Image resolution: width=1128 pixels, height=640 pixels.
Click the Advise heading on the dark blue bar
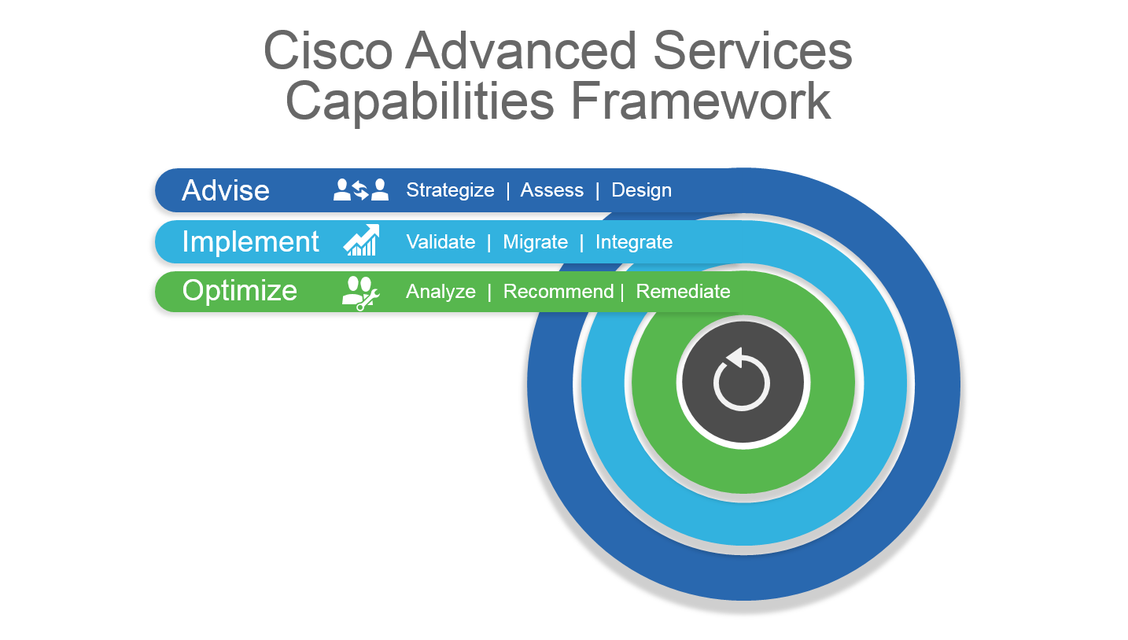click(226, 190)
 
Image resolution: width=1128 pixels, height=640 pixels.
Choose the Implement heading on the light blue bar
click(250, 241)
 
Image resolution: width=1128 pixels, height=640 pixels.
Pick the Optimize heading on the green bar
click(239, 291)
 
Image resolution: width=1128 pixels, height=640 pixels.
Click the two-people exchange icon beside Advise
click(361, 190)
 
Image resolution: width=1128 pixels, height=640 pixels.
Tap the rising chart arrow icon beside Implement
click(361, 241)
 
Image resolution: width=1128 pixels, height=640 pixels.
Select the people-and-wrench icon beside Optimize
click(360, 292)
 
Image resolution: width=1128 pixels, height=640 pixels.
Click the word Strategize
click(450, 190)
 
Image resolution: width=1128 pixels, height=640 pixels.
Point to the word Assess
click(551, 190)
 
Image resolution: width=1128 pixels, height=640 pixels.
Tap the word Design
click(641, 190)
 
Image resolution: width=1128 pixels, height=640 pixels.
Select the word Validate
click(441, 242)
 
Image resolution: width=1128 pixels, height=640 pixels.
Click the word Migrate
click(535, 242)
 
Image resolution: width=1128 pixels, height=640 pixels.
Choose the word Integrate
click(633, 242)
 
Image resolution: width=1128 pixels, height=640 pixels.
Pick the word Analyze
click(441, 292)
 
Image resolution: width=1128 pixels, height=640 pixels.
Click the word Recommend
click(558, 292)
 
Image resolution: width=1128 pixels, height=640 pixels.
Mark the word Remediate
click(683, 292)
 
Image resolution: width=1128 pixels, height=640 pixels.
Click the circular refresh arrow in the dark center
click(742, 381)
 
